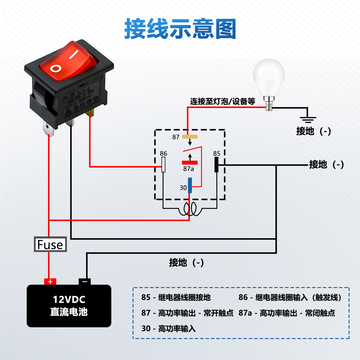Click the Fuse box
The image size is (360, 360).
[x=50, y=244]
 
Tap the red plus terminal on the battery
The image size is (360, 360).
[x=50, y=282]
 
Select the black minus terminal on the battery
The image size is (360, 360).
[x=85, y=282]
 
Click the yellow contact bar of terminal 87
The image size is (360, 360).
[x=190, y=137]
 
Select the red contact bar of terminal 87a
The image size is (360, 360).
[x=190, y=163]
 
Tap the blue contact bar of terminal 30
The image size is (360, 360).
[x=190, y=185]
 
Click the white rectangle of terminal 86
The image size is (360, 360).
[x=163, y=164]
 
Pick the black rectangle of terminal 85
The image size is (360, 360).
[x=216, y=164]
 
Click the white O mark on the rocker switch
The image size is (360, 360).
[x=56, y=68]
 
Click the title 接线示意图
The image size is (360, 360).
[x=180, y=29]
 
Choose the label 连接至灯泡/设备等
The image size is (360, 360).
[x=223, y=101]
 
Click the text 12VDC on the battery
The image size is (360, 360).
[x=69, y=299]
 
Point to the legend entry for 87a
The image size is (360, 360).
[x=286, y=313]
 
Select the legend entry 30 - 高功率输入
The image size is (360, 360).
[x=168, y=329]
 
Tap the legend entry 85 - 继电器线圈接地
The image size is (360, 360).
[x=176, y=298]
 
